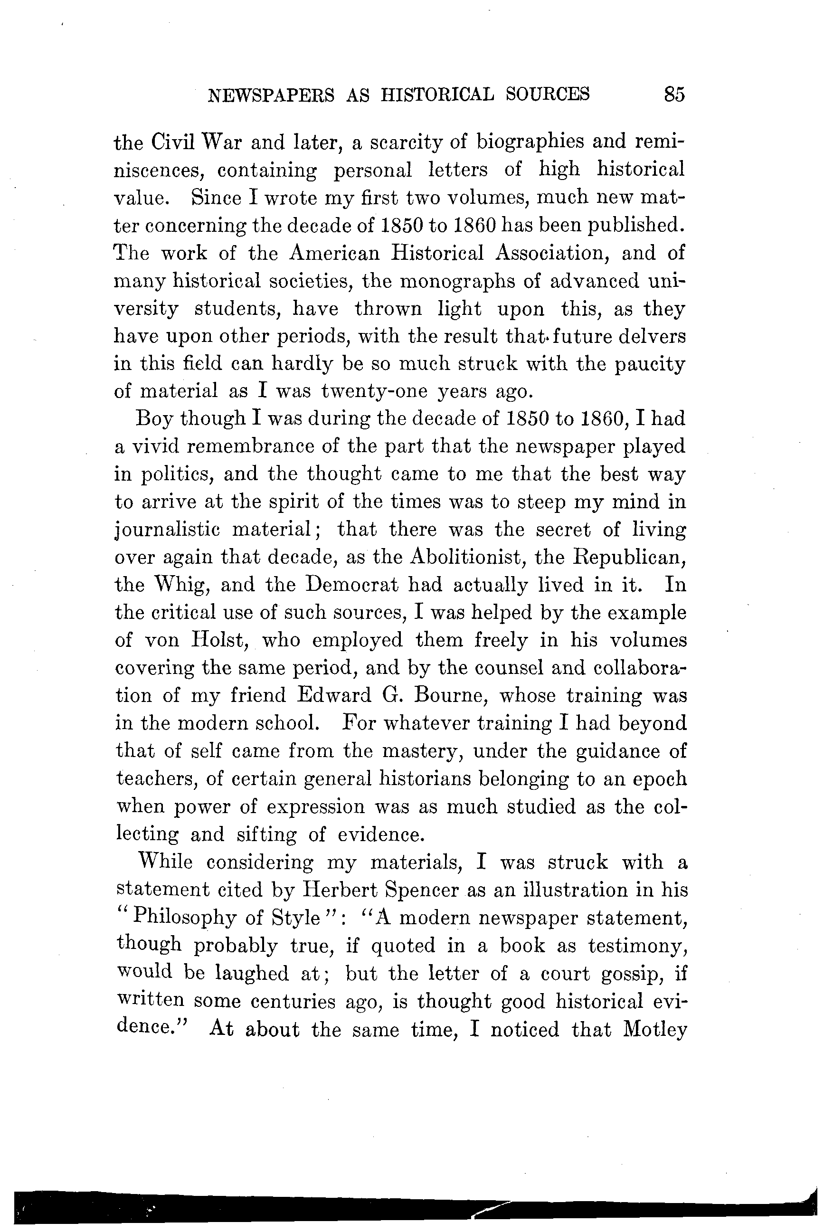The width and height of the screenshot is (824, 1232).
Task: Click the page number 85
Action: click(674, 94)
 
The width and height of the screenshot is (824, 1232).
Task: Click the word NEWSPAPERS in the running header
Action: click(271, 95)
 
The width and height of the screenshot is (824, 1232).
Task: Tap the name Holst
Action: click(218, 640)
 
